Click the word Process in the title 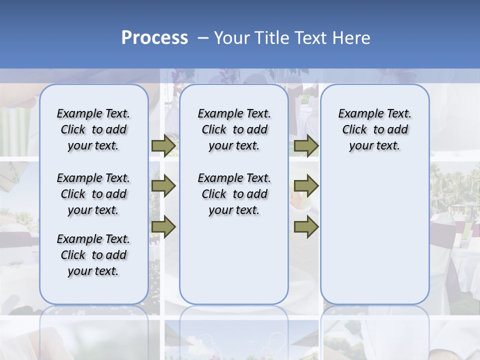(154, 38)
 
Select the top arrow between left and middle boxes (163, 146)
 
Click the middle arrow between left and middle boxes (163, 186)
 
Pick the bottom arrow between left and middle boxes (163, 227)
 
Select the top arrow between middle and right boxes (306, 146)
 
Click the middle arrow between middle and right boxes (306, 186)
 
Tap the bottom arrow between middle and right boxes (306, 227)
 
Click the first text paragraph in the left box (93, 129)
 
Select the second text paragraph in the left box (93, 194)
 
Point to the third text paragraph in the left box (93, 255)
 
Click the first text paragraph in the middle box (234, 129)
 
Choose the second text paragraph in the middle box (234, 194)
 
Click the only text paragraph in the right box (375, 129)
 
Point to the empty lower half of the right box (375, 240)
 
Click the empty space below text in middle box (234, 260)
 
